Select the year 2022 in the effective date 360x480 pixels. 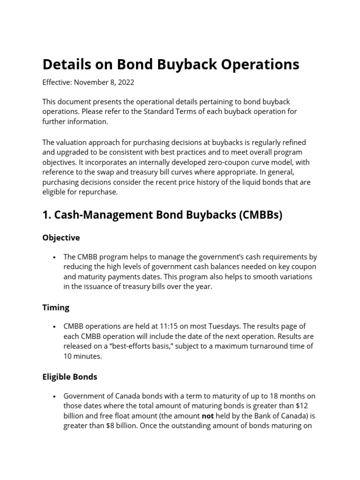(125, 82)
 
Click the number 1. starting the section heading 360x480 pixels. (47, 215)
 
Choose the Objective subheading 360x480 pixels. (61, 238)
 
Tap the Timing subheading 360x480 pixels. (56, 307)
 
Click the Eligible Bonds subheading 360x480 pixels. (70, 377)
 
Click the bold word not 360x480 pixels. (208, 416)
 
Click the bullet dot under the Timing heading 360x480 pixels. (55, 327)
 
